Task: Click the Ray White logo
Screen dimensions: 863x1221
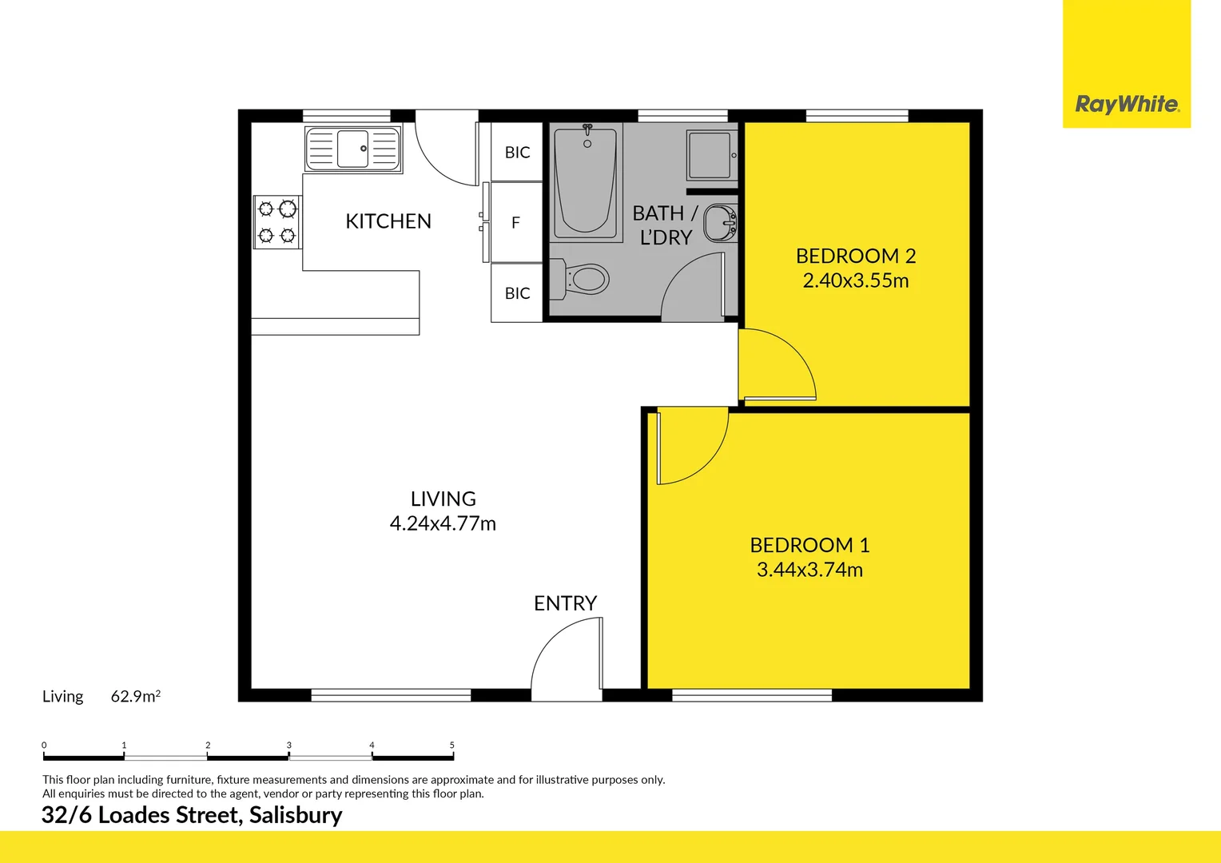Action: tap(1126, 104)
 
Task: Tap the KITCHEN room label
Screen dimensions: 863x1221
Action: tap(388, 221)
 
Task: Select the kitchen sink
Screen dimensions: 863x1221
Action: tap(352, 149)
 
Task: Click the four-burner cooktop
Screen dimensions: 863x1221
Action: tap(277, 222)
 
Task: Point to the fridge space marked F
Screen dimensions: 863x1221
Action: tap(515, 223)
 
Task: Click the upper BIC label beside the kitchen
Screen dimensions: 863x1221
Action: tap(517, 153)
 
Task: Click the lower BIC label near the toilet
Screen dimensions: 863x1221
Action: tap(517, 293)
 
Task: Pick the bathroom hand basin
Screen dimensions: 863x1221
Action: tap(720, 223)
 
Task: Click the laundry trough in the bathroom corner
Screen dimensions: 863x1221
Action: tap(710, 155)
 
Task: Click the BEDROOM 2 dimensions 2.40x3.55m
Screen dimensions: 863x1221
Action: tap(855, 280)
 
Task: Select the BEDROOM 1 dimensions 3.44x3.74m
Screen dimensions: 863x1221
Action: tap(809, 570)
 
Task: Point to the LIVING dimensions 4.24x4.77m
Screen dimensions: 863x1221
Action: tap(443, 523)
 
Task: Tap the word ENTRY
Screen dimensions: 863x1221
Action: tap(565, 603)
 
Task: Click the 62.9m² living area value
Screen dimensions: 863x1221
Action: tap(135, 696)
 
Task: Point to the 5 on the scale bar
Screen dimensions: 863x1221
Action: tap(451, 745)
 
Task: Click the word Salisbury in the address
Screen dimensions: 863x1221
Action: tap(296, 815)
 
